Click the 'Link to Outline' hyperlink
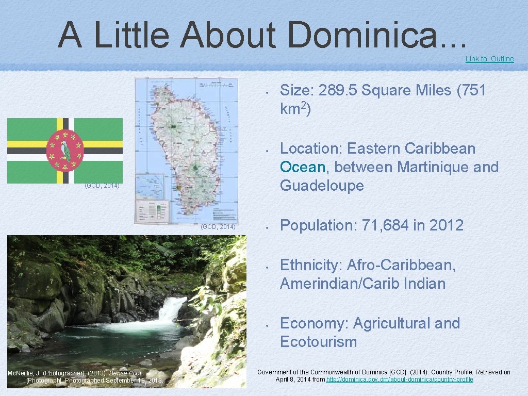[x=489, y=59]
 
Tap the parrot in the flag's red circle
[x=65, y=150]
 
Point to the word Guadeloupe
[x=322, y=186]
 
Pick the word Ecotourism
[x=318, y=342]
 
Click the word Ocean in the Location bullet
[x=303, y=167]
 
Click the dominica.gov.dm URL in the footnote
[x=400, y=379]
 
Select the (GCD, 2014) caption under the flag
[x=102, y=186]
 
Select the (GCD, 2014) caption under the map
[x=218, y=227]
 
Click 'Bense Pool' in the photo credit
[x=125, y=373]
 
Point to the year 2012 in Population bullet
[x=446, y=225]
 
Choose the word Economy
[x=314, y=323]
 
